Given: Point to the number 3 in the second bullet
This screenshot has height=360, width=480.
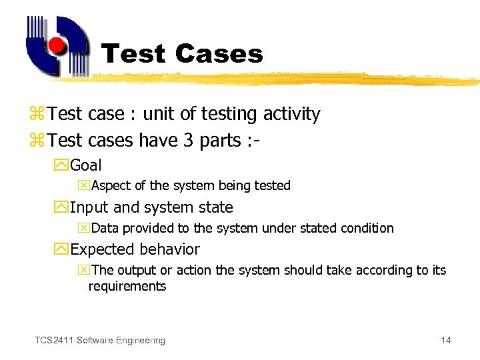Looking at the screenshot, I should (187, 141).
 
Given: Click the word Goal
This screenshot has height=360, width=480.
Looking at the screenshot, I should (86, 165).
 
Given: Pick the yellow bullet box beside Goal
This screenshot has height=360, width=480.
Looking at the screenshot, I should (63, 165).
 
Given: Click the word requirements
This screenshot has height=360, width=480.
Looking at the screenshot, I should (127, 287).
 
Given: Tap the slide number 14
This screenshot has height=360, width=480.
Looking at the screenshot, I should (445, 341).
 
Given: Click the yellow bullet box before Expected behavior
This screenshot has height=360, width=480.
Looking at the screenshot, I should (63, 249).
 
